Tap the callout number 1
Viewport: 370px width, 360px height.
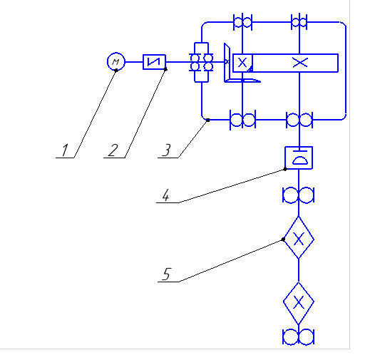click(x=65, y=150)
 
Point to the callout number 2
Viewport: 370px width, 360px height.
click(x=113, y=150)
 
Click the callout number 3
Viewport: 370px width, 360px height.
click(x=167, y=150)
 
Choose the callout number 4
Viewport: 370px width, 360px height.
click(x=166, y=195)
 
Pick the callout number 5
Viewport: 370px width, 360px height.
click(x=167, y=274)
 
